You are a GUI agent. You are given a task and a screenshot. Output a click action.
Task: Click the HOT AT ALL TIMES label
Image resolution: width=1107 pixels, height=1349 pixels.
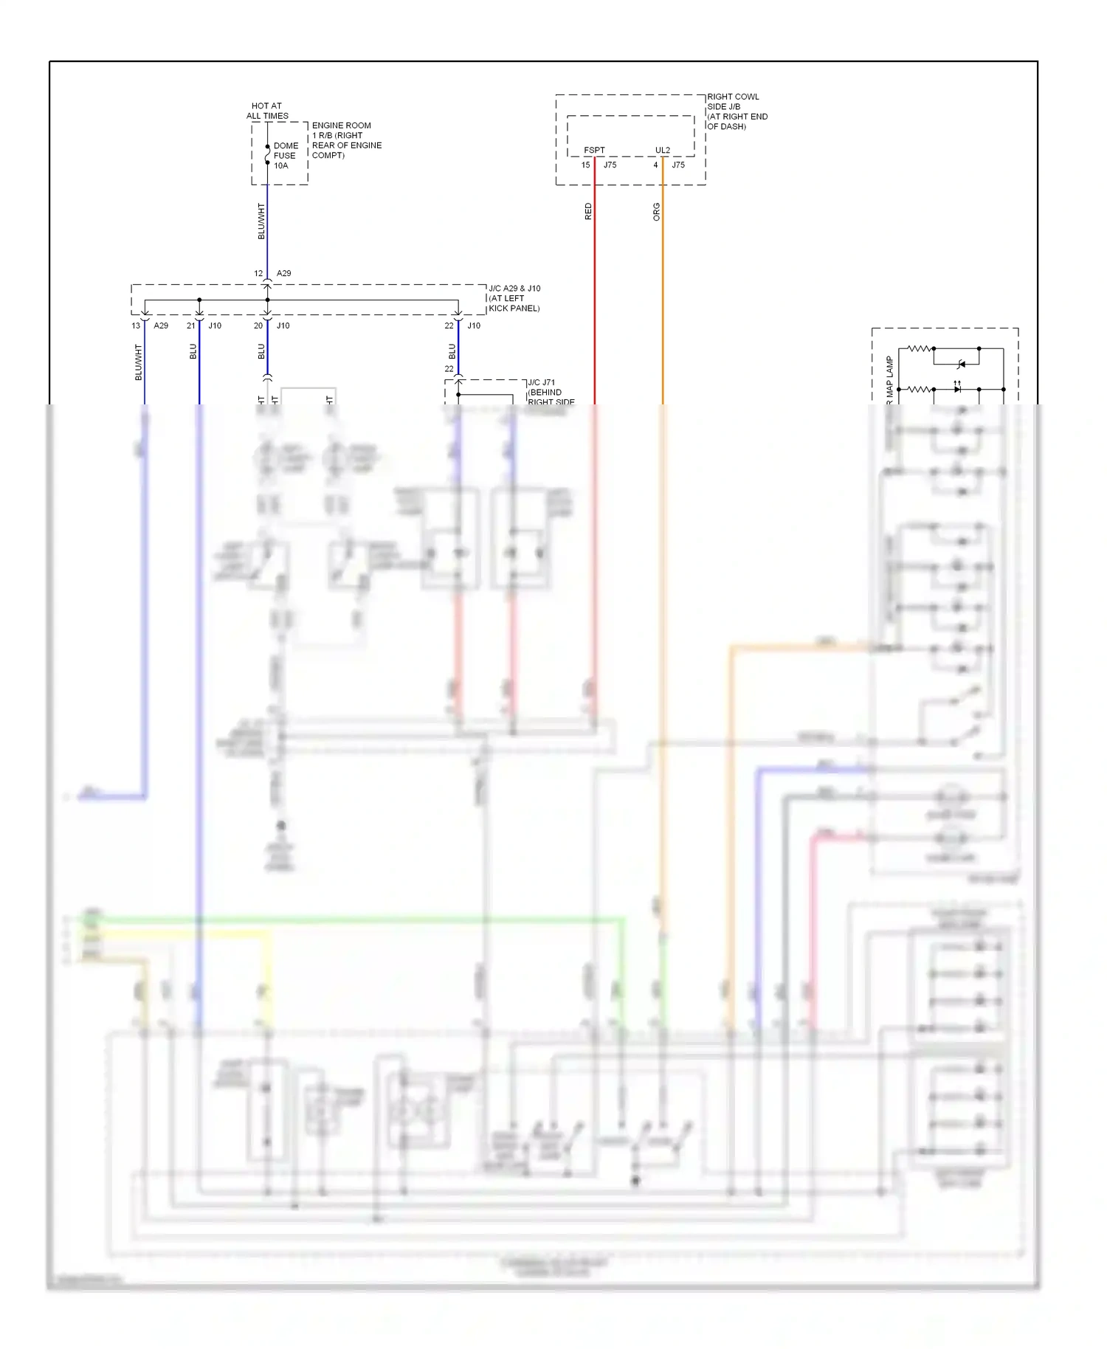coord(267,111)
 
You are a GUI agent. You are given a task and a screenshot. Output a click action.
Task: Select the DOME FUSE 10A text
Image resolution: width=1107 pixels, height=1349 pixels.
coord(285,156)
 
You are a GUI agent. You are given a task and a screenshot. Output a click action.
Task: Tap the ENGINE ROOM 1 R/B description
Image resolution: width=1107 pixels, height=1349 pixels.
coord(346,140)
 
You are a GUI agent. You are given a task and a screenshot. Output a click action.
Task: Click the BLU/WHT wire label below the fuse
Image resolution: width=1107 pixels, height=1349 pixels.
coord(261,221)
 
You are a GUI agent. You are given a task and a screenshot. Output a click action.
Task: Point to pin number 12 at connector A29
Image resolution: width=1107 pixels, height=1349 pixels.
coord(258,273)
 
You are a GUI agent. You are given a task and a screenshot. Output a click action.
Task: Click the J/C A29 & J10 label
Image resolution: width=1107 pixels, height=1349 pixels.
coord(514,298)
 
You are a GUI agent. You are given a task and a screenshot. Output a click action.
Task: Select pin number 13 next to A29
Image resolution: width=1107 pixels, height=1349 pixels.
coord(136,325)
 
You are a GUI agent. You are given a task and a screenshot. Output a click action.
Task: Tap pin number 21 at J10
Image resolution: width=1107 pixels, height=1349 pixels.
coord(191,325)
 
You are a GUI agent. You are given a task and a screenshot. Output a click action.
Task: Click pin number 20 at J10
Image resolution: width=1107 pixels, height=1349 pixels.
coord(258,325)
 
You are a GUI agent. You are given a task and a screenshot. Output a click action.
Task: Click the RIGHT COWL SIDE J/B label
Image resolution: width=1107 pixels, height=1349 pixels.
coord(737,111)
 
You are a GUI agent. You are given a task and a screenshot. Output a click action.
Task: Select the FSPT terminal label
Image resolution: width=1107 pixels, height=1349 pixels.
coord(594,150)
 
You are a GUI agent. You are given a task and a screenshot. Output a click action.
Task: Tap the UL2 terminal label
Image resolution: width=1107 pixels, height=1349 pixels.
coord(663,150)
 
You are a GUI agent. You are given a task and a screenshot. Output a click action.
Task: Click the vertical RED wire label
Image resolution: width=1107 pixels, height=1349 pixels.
coord(588,211)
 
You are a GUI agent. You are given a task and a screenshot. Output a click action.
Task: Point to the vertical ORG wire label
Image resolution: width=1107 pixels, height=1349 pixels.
coord(656,212)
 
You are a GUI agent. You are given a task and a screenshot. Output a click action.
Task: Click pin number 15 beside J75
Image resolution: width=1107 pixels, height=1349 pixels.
coord(585,165)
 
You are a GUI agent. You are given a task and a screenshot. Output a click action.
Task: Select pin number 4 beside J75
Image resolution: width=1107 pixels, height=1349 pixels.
coord(655,165)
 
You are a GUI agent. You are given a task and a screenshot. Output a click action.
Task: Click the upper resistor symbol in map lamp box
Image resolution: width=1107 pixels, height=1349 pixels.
coord(919,348)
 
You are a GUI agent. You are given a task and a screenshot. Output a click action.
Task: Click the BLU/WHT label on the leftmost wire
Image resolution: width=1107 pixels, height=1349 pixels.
coord(138,362)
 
